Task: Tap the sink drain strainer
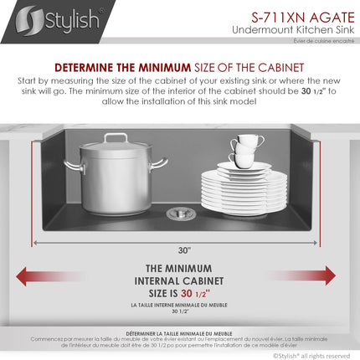pyautogui.click(x=177, y=213)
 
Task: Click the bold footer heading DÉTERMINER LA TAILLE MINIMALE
pyautogui.click(x=179, y=333)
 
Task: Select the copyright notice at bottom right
pyautogui.click(x=314, y=354)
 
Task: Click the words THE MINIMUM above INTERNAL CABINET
pyautogui.click(x=181, y=269)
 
